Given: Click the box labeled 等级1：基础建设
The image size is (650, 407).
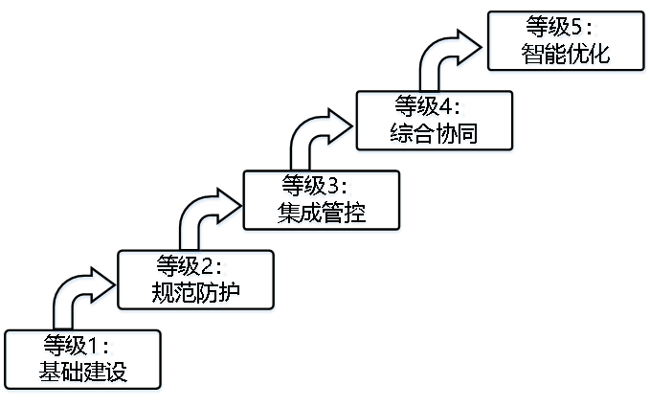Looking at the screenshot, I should click(x=83, y=361).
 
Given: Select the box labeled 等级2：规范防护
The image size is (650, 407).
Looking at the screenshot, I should click(x=195, y=282).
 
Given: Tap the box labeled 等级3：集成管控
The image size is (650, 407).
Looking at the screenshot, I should click(x=322, y=202).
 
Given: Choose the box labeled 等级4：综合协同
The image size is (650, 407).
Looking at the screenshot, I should click(x=435, y=123).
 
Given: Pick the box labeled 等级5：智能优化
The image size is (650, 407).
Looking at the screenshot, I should click(x=567, y=43).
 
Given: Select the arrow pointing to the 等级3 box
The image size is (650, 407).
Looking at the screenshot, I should click(x=206, y=213).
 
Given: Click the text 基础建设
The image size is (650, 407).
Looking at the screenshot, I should click(x=83, y=373).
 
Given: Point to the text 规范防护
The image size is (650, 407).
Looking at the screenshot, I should click(x=195, y=293).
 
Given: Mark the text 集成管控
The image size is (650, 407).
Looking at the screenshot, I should click(x=322, y=214).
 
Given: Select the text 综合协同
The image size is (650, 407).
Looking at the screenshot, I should click(x=435, y=135).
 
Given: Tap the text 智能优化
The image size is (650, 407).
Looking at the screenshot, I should click(x=567, y=56).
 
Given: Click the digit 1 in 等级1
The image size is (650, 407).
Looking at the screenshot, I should click(x=94, y=347).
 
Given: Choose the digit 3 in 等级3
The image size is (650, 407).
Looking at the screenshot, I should click(x=332, y=187).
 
